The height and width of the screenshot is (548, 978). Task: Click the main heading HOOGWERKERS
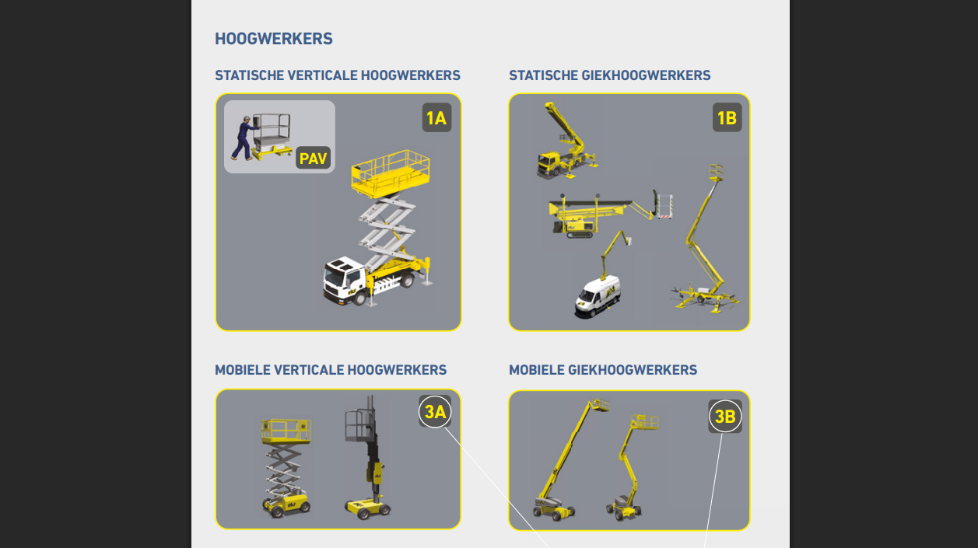[274, 39]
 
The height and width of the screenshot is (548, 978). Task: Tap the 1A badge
[436, 118]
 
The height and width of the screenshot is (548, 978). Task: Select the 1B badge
[727, 118]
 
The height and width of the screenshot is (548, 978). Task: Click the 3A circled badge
[435, 411]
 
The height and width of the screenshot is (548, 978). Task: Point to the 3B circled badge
[725, 416]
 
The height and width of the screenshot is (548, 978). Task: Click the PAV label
[313, 158]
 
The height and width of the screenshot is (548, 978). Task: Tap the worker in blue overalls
[244, 138]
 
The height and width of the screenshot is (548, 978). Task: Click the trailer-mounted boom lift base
[704, 298]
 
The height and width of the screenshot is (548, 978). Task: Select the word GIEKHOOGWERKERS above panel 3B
[633, 370]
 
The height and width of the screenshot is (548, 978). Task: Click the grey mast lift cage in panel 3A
[359, 424]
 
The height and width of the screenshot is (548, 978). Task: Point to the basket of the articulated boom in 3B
[645, 422]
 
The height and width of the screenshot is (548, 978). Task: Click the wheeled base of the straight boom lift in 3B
[555, 508]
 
